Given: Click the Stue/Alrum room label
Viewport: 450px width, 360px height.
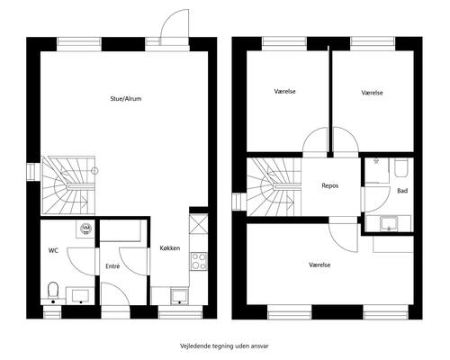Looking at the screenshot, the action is [x=126, y=99].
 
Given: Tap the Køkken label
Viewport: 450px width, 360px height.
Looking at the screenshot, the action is [x=170, y=248].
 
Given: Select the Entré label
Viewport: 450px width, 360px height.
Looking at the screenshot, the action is [x=112, y=266].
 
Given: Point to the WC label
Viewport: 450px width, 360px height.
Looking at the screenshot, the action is [x=53, y=250].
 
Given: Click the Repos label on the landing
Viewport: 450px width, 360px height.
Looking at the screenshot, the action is [x=330, y=186].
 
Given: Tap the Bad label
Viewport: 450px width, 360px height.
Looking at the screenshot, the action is [x=402, y=191].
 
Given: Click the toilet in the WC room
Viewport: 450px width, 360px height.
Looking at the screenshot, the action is [x=53, y=290].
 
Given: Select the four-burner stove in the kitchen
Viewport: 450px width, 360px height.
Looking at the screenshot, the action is [x=199, y=261].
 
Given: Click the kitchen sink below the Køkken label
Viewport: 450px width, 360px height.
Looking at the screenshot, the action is [x=179, y=296].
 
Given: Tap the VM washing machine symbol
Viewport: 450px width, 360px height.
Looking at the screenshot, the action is [x=86, y=229].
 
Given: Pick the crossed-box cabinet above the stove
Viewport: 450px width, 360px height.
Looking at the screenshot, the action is [x=199, y=224].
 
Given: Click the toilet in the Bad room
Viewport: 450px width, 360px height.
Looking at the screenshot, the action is [x=401, y=168].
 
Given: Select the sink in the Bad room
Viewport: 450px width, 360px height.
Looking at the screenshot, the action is [x=389, y=223].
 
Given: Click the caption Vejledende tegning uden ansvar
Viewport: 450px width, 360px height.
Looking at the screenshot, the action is [x=224, y=346].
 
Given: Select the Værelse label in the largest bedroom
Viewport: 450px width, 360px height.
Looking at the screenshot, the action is [x=319, y=265].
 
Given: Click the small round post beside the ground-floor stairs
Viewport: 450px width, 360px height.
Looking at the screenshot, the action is [x=94, y=171].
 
